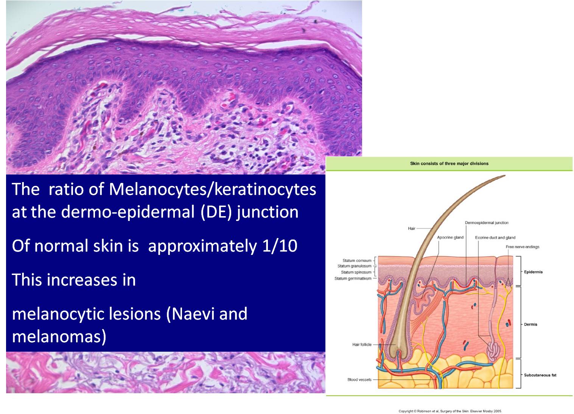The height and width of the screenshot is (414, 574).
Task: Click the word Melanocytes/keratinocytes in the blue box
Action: coord(212,189)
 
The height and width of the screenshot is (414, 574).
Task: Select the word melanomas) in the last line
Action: coord(59,336)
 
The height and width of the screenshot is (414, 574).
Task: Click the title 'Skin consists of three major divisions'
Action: coord(449,164)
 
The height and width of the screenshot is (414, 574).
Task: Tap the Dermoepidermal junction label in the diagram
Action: coord(487,223)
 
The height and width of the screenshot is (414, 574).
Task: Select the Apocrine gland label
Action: coord(450,238)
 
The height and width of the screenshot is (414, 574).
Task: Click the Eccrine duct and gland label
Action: coord(495,238)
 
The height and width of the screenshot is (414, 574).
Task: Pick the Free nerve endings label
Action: coord(523,247)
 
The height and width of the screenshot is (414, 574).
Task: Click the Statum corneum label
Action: coord(357,261)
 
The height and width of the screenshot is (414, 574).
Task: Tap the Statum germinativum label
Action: coord(353,278)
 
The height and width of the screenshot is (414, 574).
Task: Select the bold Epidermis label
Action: coord(533,272)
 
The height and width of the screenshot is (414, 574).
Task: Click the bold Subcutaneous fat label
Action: coord(540,375)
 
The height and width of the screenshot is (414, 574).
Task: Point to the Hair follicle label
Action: coord(362,344)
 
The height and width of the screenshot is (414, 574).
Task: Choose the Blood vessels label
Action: coord(359,380)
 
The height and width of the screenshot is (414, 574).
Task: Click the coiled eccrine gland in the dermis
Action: coord(492,351)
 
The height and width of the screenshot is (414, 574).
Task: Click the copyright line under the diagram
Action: coord(450,411)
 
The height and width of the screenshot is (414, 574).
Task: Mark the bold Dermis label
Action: coord(530,324)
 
